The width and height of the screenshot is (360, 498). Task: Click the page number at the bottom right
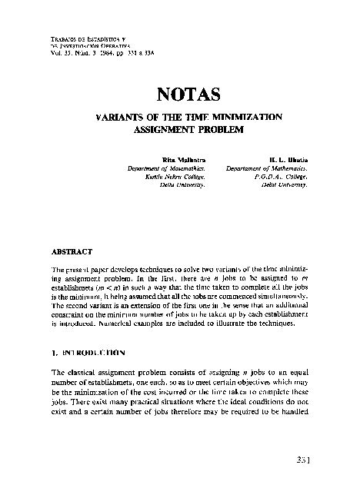[302, 460]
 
